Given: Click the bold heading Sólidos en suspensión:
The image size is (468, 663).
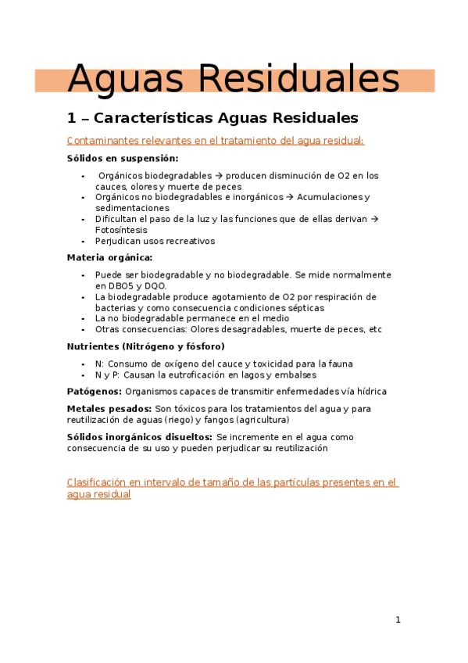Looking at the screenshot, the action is (x=111, y=158).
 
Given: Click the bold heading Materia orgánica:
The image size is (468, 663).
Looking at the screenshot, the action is (x=109, y=257).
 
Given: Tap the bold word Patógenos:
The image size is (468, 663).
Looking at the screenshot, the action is (x=94, y=391).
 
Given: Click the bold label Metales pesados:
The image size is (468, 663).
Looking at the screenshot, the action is (x=109, y=408).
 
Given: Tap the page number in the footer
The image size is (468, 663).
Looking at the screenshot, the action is (x=398, y=620).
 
